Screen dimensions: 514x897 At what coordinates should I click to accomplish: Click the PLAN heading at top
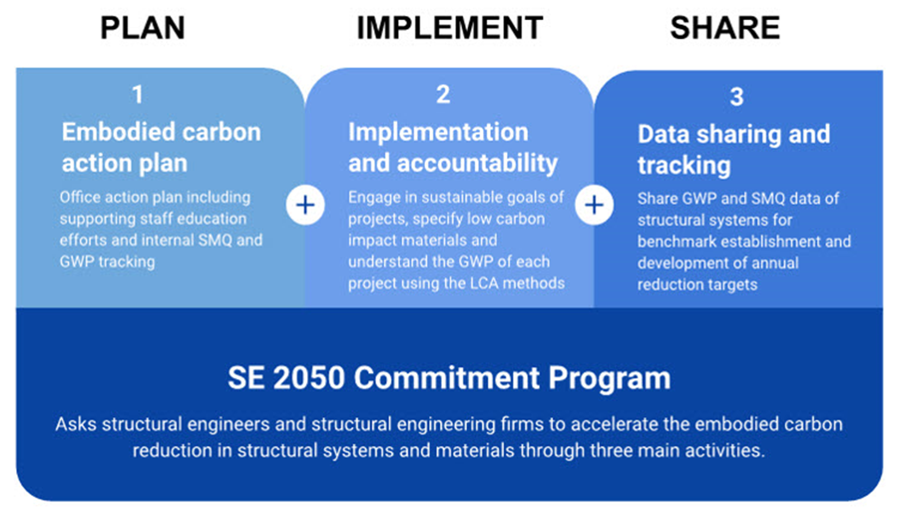click(143, 28)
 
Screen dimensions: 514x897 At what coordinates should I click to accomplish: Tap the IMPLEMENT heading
click(450, 28)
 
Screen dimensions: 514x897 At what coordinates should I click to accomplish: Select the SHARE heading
click(725, 28)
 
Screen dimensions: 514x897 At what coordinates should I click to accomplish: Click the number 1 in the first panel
click(137, 95)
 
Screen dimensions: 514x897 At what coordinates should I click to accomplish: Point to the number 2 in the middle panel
click(443, 95)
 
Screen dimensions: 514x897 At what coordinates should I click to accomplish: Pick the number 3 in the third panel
click(737, 97)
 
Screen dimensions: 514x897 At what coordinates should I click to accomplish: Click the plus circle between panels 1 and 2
click(305, 205)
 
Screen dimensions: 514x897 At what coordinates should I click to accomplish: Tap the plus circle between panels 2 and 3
click(594, 205)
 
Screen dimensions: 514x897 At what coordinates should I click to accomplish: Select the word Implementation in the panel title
click(438, 132)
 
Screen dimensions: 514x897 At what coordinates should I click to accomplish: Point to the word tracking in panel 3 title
click(684, 165)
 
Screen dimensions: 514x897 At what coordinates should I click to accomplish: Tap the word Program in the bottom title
click(609, 378)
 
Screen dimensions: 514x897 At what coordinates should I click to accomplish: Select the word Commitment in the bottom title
click(446, 378)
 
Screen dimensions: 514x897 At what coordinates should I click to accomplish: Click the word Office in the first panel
click(80, 197)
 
